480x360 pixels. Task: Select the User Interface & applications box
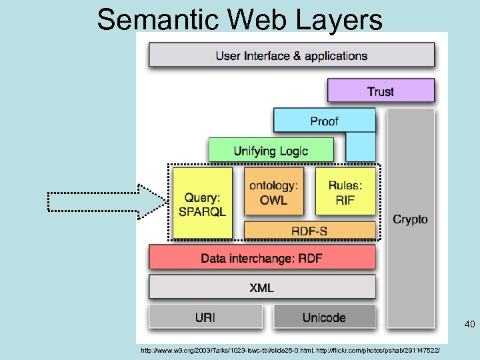(x=291, y=55)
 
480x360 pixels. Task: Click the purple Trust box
(x=381, y=91)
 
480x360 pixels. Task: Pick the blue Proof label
(x=324, y=121)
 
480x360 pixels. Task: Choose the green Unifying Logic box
(x=271, y=150)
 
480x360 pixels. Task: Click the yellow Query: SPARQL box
(x=203, y=203)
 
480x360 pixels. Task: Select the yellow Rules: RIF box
(x=345, y=191)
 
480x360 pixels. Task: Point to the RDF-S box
(x=309, y=231)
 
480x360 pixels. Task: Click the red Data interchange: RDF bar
(x=262, y=258)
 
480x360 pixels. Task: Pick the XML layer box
(x=262, y=287)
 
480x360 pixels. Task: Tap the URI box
(x=205, y=317)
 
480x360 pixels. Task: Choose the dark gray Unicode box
(x=324, y=317)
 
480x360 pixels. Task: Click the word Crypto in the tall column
(x=410, y=219)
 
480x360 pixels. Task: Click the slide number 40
(x=469, y=325)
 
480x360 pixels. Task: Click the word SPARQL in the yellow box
(x=203, y=212)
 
